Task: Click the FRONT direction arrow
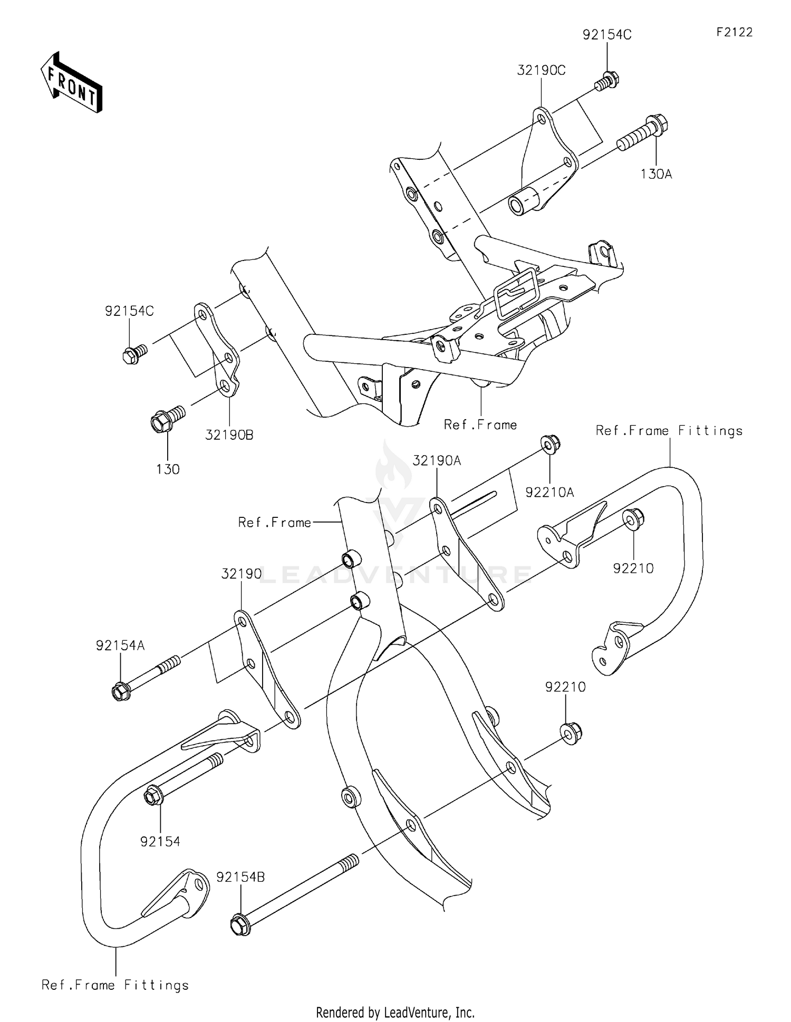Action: pyautogui.click(x=71, y=83)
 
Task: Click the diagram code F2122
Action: pyautogui.click(x=734, y=32)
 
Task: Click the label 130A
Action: pyautogui.click(x=656, y=174)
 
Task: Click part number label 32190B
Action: pyautogui.click(x=229, y=435)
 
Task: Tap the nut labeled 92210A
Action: pyautogui.click(x=550, y=444)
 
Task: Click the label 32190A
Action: pyautogui.click(x=437, y=460)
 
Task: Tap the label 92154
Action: pyautogui.click(x=160, y=841)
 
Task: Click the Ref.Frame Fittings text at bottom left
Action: pyautogui.click(x=115, y=985)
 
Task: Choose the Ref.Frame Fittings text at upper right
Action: pyautogui.click(x=669, y=431)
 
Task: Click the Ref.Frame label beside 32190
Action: pyautogui.click(x=274, y=522)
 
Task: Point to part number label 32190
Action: pyautogui.click(x=241, y=574)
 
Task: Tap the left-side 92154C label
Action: pyautogui.click(x=129, y=311)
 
